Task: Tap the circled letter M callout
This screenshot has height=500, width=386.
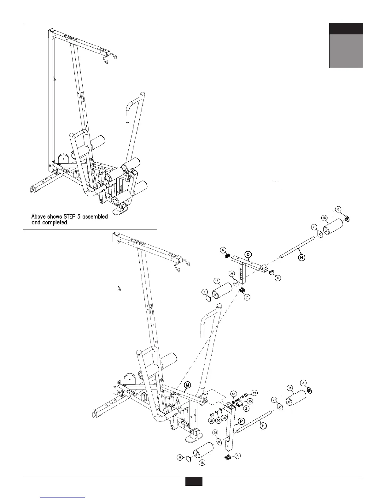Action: pyautogui.click(x=187, y=385)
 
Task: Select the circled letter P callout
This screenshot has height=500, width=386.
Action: pyautogui.click(x=242, y=421)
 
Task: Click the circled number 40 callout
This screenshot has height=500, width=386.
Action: pyautogui.click(x=249, y=401)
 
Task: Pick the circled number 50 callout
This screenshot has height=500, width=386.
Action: pyautogui.click(x=218, y=421)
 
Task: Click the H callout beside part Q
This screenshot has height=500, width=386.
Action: pyautogui.click(x=302, y=258)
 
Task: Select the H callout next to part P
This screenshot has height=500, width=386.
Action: pyautogui.click(x=264, y=426)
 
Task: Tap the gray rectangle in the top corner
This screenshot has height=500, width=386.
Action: pyautogui.click(x=346, y=51)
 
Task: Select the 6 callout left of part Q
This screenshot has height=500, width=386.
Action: pyautogui.click(x=223, y=250)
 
